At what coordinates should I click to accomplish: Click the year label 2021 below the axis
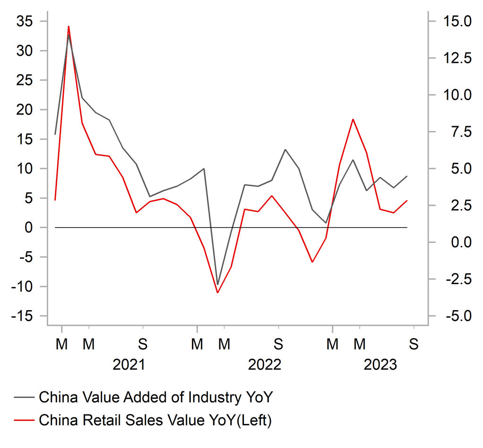(129, 365)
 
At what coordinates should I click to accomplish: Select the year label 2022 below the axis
(265, 365)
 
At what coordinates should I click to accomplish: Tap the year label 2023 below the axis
(380, 365)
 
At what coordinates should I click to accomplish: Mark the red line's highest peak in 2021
(69, 26)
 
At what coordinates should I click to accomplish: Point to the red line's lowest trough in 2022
(217, 293)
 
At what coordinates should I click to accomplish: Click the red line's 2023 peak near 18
(353, 119)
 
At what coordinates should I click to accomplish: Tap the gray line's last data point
(407, 176)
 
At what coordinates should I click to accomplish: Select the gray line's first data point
(55, 135)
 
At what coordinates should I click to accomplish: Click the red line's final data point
(407, 201)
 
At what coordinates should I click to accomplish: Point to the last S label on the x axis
(414, 345)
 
